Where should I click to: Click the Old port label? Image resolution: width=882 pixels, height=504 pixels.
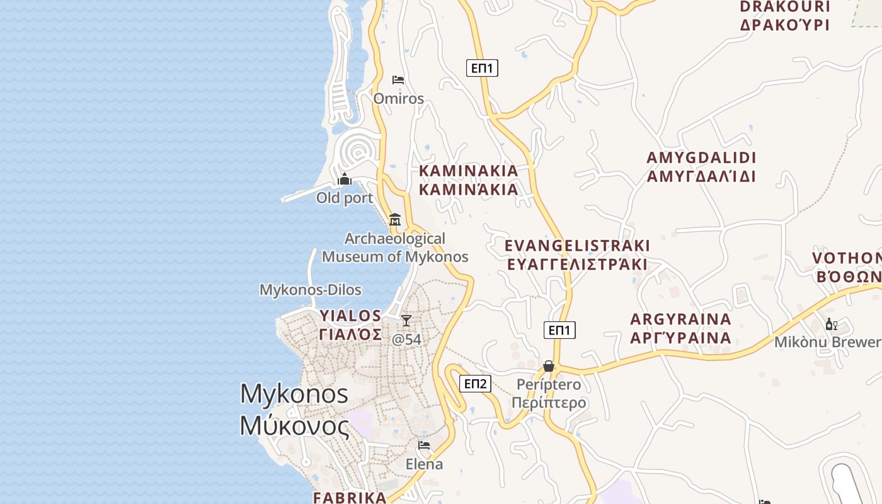pos(345,198)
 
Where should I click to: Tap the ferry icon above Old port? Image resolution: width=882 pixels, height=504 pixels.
pos(345,180)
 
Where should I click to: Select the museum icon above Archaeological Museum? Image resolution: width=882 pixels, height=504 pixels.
pos(395,219)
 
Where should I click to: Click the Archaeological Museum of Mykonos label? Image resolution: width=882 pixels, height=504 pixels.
pos(395,248)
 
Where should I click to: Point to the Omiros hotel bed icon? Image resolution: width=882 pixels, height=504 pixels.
pos(398,80)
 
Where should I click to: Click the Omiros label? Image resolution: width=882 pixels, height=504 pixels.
pos(398,98)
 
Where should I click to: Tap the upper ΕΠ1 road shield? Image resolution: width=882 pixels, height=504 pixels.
pos(482,68)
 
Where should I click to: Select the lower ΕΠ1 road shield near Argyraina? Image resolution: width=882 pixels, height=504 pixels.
pos(559,329)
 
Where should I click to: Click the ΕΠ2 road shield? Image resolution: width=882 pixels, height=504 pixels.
pos(475,384)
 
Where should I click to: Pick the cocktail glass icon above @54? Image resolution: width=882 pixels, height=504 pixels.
pos(406,321)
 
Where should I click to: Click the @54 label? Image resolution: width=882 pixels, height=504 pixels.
pos(406,340)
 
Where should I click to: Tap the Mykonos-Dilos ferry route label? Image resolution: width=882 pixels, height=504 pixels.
pos(311,290)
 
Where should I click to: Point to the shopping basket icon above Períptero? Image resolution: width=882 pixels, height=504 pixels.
pos(549,366)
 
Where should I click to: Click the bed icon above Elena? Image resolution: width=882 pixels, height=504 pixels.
pos(424,445)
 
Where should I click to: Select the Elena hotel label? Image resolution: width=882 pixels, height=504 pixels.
pos(424,464)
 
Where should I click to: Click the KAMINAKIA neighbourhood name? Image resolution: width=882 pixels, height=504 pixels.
pos(468,180)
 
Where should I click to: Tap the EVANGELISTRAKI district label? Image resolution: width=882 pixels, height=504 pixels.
pos(577,255)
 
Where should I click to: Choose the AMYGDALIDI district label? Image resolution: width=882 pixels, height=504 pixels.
pos(701,166)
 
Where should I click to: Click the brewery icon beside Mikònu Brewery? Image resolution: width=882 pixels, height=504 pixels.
pos(832,324)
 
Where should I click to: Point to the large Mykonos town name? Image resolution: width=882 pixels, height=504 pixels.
pos(294,409)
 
